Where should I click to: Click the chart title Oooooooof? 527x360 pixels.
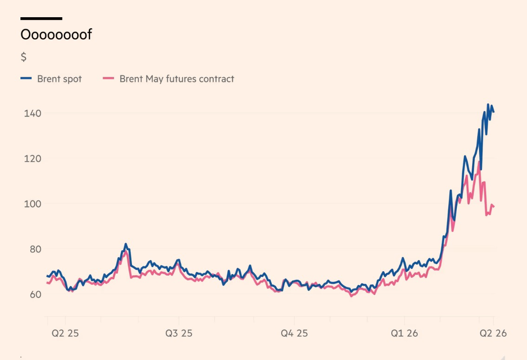point(56,34)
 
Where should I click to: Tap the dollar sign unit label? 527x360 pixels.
point(24,57)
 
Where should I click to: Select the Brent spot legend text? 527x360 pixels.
point(59,79)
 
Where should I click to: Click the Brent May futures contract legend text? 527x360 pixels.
point(177,79)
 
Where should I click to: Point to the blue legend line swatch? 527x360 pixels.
point(26,79)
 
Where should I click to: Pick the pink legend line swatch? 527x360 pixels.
point(108,79)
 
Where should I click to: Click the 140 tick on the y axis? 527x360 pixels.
point(33,113)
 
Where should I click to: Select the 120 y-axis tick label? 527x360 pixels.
point(33,159)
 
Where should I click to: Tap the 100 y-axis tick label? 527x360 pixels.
point(33,204)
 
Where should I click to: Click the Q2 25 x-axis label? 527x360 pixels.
point(65,333)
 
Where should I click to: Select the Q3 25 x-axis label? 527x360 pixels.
point(179,333)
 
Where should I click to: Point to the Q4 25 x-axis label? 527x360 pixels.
point(294,333)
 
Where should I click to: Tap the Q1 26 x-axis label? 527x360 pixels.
point(404,333)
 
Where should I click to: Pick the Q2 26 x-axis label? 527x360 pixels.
point(493,333)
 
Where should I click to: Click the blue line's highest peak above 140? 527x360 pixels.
point(488,105)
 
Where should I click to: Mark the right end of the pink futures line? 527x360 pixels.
point(494,207)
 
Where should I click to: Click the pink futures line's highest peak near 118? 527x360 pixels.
point(479,162)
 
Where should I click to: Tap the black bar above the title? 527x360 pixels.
point(41,19)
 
